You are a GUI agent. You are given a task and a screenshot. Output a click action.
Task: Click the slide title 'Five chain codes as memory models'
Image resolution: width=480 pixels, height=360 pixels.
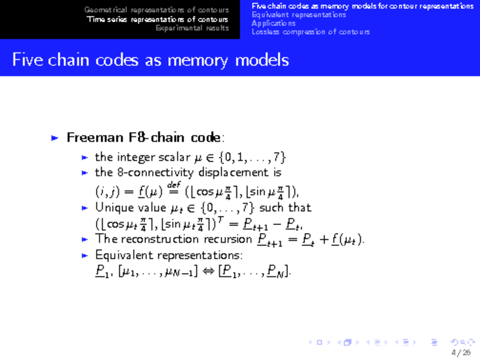click(x=151, y=61)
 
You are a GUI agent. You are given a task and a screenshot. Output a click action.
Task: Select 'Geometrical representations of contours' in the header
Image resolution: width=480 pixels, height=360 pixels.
click(x=157, y=10)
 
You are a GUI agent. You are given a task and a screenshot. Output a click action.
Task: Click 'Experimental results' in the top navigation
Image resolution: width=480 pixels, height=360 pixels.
click(x=192, y=28)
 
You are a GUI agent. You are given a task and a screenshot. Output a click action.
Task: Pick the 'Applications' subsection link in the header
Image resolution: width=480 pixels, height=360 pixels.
click(x=274, y=23)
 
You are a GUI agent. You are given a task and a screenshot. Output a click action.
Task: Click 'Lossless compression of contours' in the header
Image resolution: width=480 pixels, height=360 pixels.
click(x=311, y=32)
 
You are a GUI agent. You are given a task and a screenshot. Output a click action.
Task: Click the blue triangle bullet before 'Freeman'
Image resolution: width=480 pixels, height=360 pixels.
click(x=55, y=138)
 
